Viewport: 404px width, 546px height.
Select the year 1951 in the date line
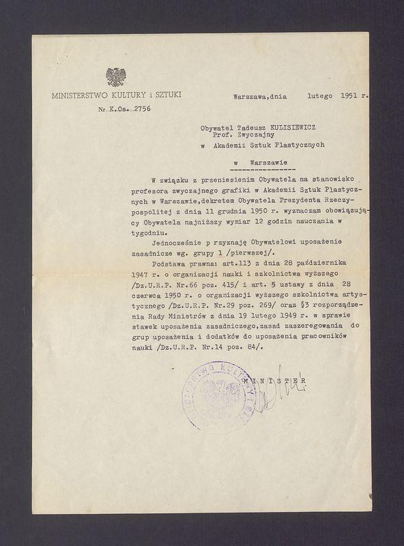[346, 96]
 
